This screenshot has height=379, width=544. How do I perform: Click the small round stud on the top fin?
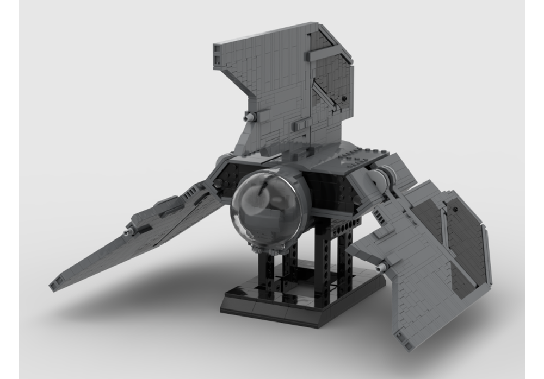(x=344, y=98)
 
